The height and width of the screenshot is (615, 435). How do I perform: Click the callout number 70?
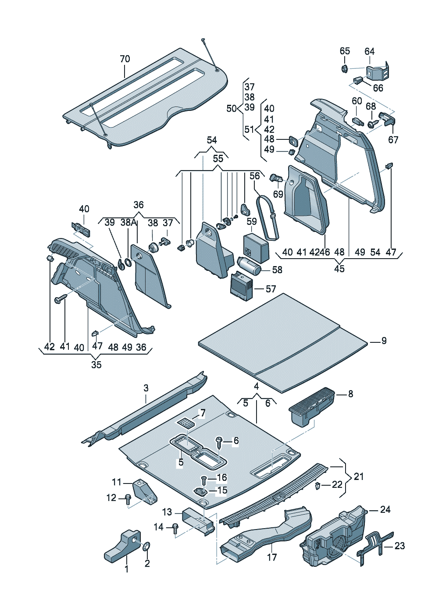coord(125,59)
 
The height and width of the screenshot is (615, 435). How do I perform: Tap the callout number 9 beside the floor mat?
coord(384,341)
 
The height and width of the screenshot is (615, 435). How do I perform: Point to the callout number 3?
coord(146,388)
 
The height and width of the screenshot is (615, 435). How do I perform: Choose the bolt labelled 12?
coord(128,498)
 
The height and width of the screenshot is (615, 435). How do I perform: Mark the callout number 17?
coord(272,557)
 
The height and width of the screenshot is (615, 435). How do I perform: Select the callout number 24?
coord(385,509)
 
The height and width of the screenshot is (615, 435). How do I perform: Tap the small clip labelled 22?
coord(317,485)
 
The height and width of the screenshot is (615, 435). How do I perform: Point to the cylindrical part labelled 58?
coord(249,266)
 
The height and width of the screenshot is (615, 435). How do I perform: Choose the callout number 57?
coord(271,289)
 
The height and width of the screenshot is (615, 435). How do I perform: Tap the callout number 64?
coord(370,51)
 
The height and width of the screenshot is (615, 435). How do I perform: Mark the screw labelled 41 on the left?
coord(60,299)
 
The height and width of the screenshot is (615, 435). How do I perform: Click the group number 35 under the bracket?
coord(96,365)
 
